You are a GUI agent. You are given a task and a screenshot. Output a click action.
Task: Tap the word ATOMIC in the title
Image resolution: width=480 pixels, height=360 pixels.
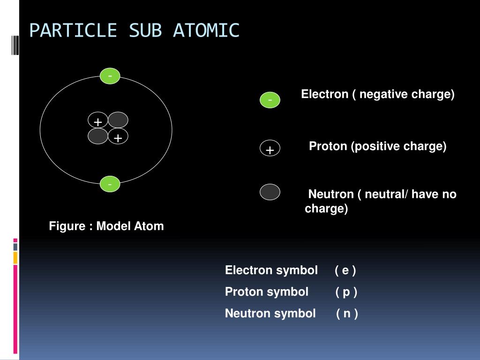click(206, 30)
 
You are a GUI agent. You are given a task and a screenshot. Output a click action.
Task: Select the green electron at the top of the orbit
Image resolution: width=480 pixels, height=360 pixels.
click(110, 76)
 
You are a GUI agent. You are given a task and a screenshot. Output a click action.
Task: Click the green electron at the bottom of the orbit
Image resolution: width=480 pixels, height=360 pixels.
click(110, 185)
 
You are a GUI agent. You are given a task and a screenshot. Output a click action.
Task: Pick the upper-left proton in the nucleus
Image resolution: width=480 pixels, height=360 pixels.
click(97, 122)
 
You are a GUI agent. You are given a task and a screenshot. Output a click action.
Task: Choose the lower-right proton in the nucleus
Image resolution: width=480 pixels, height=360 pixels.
click(118, 137)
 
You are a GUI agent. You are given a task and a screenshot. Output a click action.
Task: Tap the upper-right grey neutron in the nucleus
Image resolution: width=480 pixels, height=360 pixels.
click(118, 120)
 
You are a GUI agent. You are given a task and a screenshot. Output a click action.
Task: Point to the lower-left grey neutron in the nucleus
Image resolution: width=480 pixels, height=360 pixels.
click(98, 136)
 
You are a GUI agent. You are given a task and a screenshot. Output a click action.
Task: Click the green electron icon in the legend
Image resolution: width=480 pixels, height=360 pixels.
click(270, 100)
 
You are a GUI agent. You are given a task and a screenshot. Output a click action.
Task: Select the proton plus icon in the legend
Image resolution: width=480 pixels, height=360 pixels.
click(270, 149)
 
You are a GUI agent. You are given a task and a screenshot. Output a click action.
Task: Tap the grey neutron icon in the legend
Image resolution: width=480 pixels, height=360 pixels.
click(270, 192)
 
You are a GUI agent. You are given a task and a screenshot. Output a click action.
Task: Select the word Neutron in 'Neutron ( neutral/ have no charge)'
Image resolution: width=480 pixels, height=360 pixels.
click(330, 194)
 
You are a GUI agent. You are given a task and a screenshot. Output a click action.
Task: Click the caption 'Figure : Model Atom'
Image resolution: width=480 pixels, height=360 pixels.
click(106, 226)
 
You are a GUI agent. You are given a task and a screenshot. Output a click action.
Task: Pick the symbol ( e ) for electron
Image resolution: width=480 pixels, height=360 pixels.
click(345, 270)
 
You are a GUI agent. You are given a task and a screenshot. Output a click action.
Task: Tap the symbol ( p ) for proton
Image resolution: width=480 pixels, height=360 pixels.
click(346, 292)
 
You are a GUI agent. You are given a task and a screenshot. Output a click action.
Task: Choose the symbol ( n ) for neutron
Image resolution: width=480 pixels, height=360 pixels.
click(347, 313)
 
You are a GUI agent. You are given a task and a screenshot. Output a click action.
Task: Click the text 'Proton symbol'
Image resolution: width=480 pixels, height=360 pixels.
click(267, 292)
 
